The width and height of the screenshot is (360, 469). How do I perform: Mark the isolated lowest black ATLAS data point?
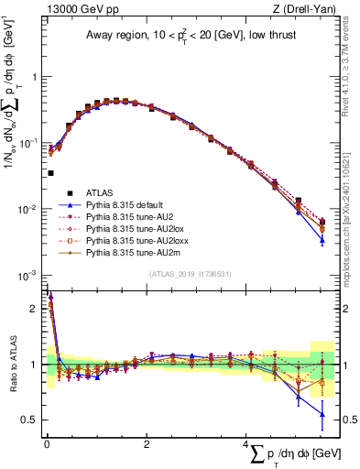coord(50,172)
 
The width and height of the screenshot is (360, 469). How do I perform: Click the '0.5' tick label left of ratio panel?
coord(31,420)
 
